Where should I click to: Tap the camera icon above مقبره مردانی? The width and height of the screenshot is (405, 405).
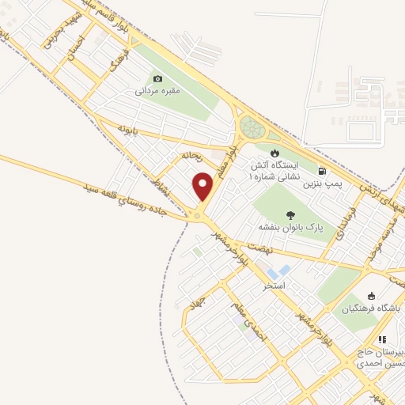pyautogui.click(x=158, y=78)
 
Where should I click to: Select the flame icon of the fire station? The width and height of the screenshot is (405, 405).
pyautogui.click(x=274, y=153)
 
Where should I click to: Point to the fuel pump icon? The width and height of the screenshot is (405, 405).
pyautogui.click(x=321, y=170)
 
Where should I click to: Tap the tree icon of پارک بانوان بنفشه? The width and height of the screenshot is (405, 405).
pyautogui.click(x=291, y=214)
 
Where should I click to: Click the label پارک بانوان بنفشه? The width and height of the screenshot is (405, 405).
pyautogui.click(x=292, y=227)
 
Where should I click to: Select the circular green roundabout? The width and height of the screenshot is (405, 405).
pyautogui.click(x=253, y=127)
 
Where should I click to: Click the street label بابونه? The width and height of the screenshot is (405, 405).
pyautogui.click(x=128, y=127)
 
